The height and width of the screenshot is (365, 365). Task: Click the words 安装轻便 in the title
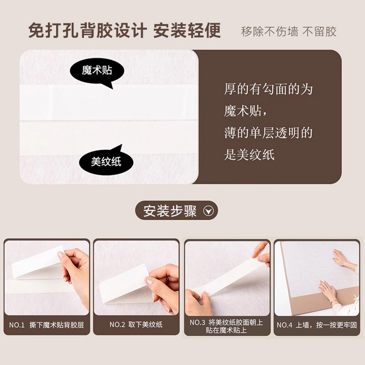pyautogui.click(x=187, y=31)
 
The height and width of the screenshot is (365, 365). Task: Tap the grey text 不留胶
pyautogui.click(x=319, y=31)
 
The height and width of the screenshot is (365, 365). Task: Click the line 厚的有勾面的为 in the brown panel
pyautogui.click(x=268, y=89)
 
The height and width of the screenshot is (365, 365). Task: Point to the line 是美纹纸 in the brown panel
pyautogui.click(x=249, y=155)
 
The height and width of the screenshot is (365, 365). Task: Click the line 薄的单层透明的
pyautogui.click(x=268, y=133)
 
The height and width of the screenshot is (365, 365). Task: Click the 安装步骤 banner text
pyautogui.click(x=170, y=211)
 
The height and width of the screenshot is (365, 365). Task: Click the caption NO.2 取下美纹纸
pyautogui.click(x=136, y=325)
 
